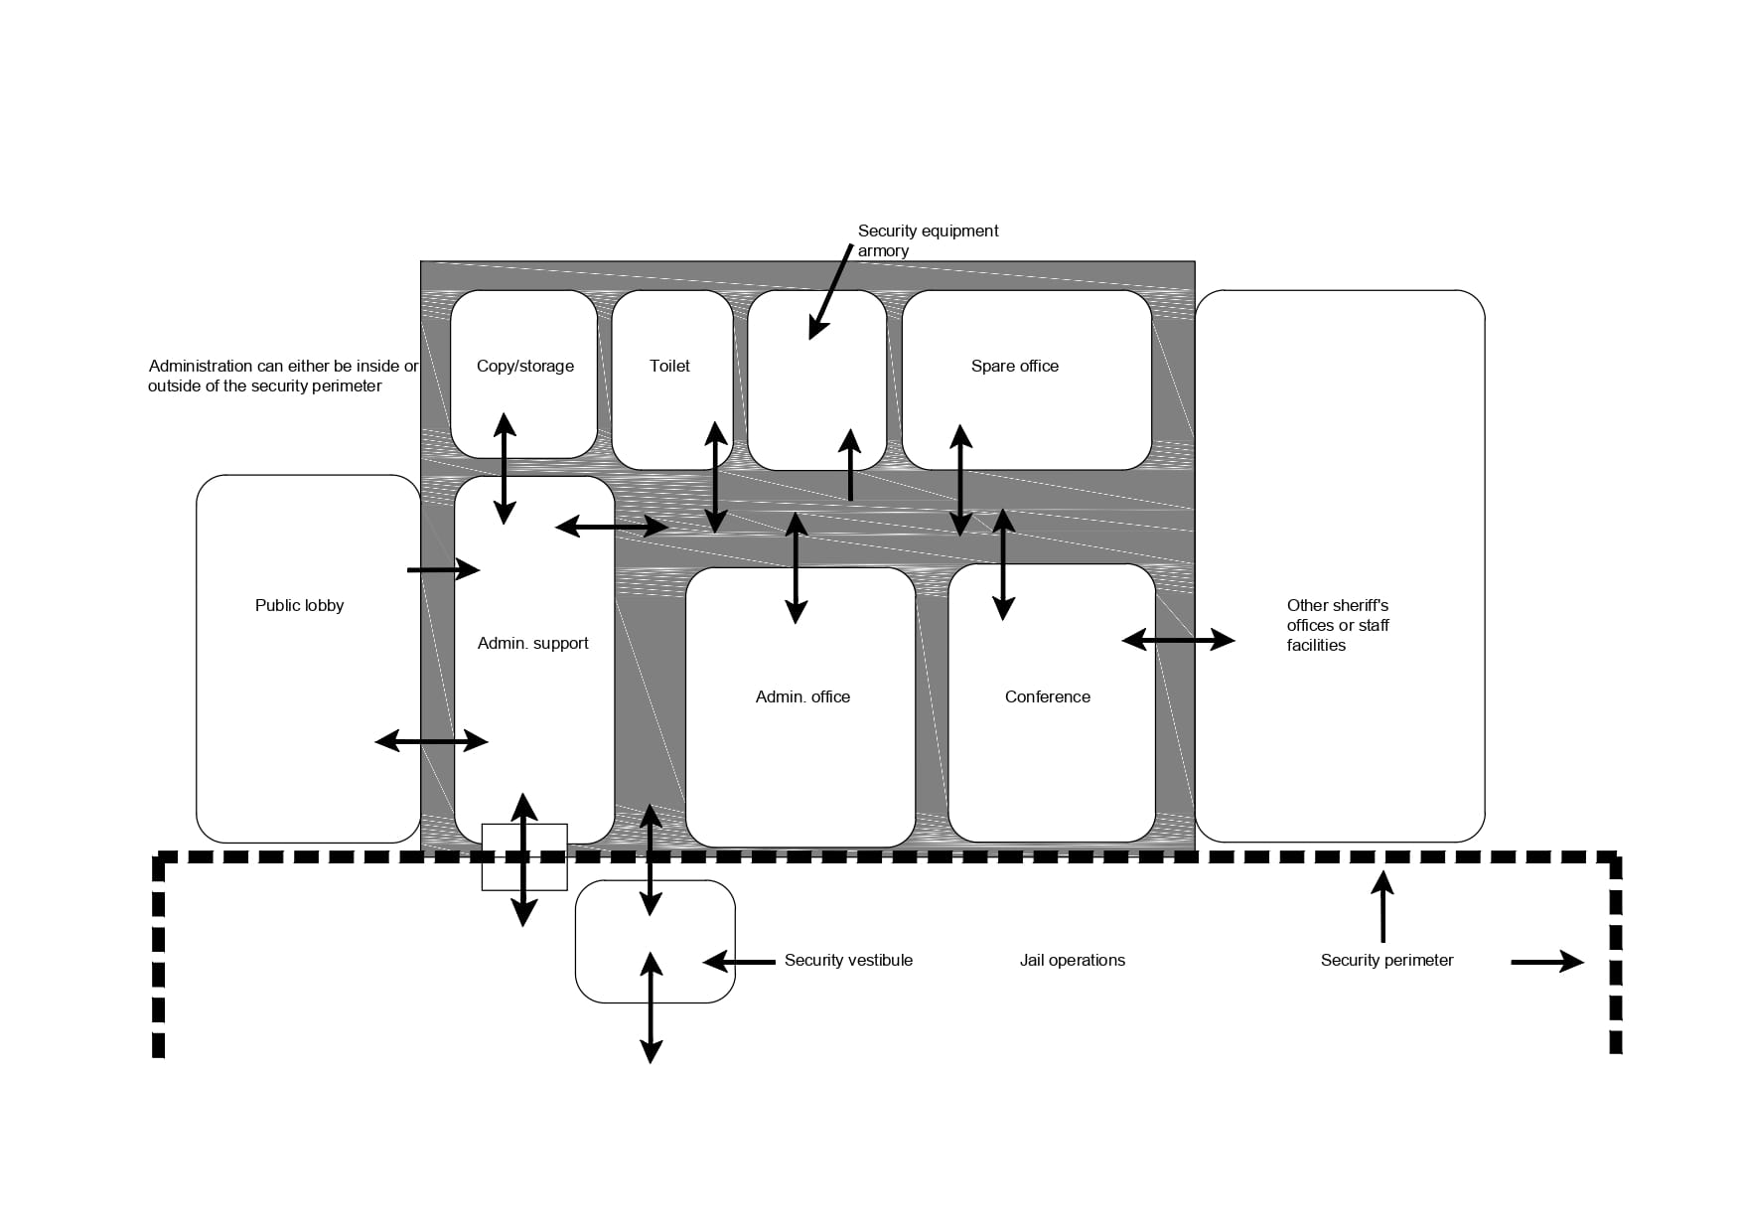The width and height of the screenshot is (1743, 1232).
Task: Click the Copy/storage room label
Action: tap(524, 366)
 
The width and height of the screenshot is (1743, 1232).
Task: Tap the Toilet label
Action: tap(669, 366)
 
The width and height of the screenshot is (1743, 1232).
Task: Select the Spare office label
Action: tap(1014, 366)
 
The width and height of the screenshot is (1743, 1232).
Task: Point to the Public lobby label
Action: tap(299, 605)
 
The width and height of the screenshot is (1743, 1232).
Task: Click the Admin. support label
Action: tap(532, 643)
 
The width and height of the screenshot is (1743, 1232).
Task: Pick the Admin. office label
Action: tap(802, 696)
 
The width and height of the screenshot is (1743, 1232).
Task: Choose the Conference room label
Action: tap(1047, 696)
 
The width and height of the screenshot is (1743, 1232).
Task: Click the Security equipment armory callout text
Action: tap(928, 240)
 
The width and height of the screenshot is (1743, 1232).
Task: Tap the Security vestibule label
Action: tap(848, 960)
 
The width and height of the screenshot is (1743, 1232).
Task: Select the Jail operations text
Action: tap(1072, 960)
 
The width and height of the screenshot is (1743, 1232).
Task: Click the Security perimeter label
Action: tap(1386, 960)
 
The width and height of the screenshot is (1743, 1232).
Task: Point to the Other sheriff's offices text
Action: tap(1337, 625)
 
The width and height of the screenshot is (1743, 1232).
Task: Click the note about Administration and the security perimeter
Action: tap(283, 376)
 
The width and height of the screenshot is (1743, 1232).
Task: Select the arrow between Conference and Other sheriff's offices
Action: tap(1178, 641)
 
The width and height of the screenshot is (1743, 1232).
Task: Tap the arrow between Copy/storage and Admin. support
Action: tap(505, 468)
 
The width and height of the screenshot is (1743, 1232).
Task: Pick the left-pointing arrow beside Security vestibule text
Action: tap(739, 962)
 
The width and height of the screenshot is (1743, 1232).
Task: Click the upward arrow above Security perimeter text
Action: tap(1382, 906)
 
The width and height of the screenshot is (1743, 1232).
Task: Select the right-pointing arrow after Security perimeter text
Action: tap(1547, 962)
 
